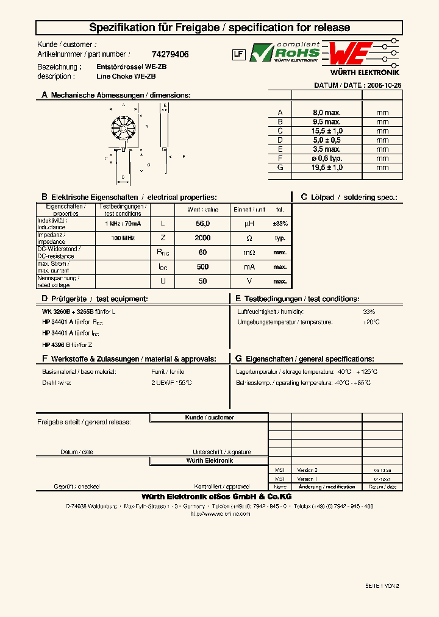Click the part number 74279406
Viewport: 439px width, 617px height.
pos(170,54)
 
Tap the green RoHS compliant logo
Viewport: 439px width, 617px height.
pos(285,53)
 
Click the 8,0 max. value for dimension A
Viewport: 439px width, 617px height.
pos(326,113)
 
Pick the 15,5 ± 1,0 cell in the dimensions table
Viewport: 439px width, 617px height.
pos(326,131)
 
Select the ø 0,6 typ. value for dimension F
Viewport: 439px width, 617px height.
pos(326,158)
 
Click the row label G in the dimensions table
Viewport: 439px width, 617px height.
pos(280,167)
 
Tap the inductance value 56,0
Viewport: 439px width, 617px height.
pos(203,224)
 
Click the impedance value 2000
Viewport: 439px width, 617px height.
pos(203,238)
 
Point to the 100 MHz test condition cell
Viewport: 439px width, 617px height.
pos(123,238)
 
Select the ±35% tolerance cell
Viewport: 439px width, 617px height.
pos(280,224)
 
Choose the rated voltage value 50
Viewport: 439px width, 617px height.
pos(203,282)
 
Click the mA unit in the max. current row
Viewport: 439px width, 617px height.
pos(249,267)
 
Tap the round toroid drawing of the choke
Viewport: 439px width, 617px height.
pos(124,127)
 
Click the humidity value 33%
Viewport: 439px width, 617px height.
pos(369,312)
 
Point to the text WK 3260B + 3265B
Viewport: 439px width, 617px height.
pos(66,312)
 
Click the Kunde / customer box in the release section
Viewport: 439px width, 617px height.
pos(209,418)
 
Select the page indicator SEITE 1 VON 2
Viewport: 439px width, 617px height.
pos(382,585)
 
